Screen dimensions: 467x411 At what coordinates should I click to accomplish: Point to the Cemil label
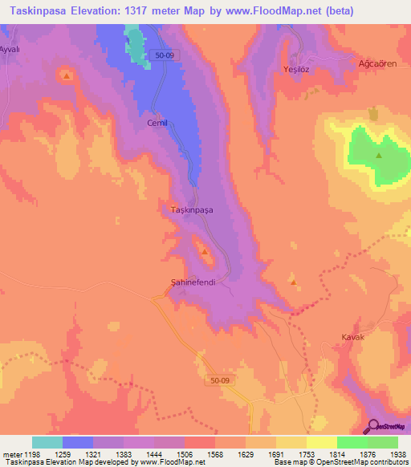(157, 124)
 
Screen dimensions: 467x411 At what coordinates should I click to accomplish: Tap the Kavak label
(353, 338)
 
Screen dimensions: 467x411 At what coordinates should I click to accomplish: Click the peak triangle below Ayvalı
(66, 76)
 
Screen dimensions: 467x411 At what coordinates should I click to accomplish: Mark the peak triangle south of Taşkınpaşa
(205, 253)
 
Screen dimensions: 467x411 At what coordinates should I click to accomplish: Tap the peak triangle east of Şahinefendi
(293, 282)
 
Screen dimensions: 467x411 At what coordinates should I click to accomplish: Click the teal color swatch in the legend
(47, 442)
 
